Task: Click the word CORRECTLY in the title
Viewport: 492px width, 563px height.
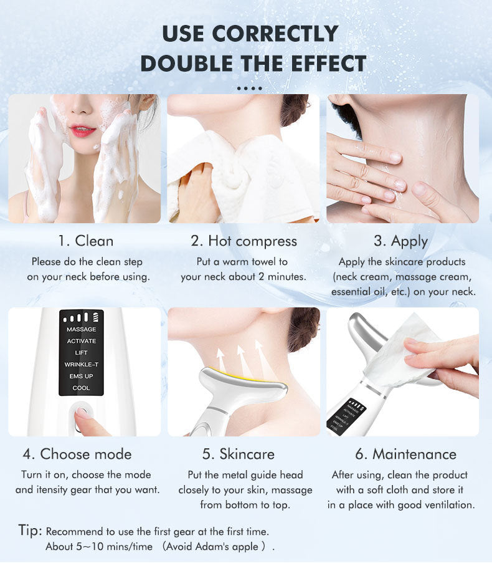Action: pyautogui.click(x=275, y=34)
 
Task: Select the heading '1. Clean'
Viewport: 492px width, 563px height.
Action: pyautogui.click(x=86, y=241)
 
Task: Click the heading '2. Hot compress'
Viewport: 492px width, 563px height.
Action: pyautogui.click(x=244, y=241)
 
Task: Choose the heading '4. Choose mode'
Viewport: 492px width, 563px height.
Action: pyautogui.click(x=77, y=455)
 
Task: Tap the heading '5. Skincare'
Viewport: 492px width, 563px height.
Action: pyautogui.click(x=239, y=455)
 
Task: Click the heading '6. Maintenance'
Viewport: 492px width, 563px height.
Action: pyautogui.click(x=406, y=455)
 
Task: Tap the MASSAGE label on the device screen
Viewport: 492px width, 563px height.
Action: pyautogui.click(x=82, y=329)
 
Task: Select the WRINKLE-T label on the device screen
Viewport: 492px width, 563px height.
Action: pyautogui.click(x=82, y=365)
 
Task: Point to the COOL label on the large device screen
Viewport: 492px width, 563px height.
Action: pyautogui.click(x=82, y=388)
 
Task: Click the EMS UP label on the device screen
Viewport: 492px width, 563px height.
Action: pyautogui.click(x=82, y=377)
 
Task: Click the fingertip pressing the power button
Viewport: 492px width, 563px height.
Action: pyautogui.click(x=82, y=413)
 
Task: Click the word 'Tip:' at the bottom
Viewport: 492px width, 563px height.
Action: pyautogui.click(x=30, y=531)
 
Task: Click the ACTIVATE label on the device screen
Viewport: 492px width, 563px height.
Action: pyautogui.click(x=82, y=341)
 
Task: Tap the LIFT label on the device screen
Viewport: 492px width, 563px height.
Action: pyautogui.click(x=82, y=353)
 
